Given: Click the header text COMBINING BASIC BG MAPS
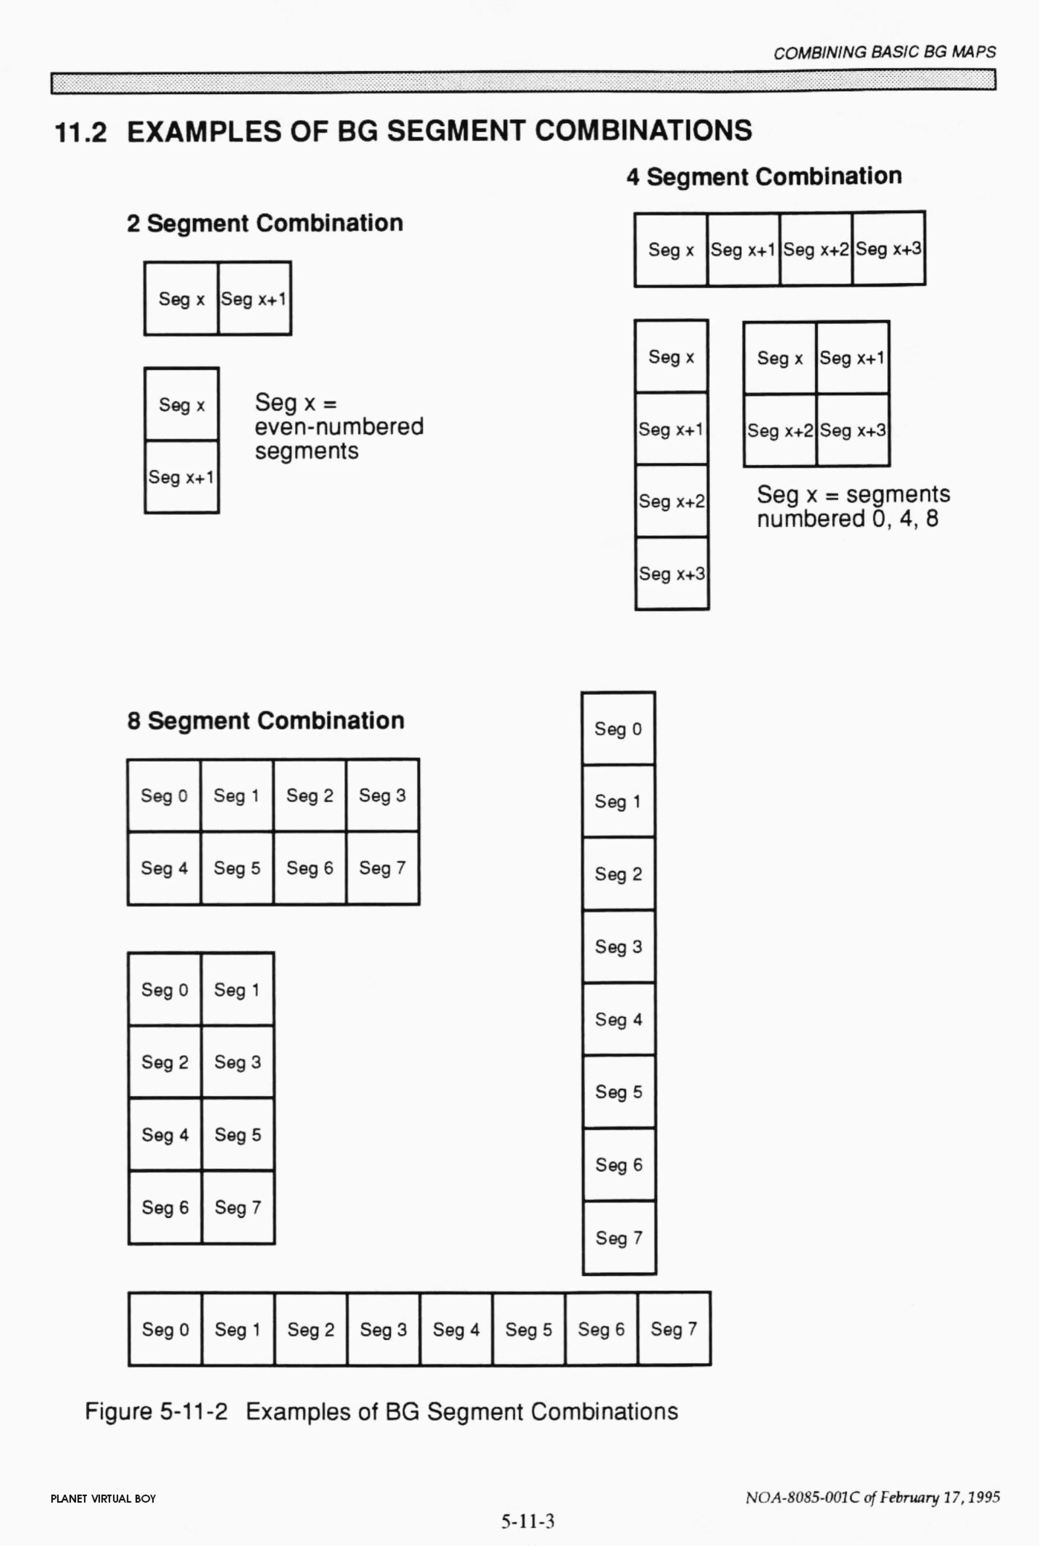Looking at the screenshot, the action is pos(884,52).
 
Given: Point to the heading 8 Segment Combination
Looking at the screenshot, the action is pos(265,721).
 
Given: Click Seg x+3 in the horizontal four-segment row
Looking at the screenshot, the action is pos(888,249).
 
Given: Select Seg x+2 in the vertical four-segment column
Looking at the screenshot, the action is pos(671,502).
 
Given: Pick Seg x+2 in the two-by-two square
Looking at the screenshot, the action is pos(779,431).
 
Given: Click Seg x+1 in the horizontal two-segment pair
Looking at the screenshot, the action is pos(254,299).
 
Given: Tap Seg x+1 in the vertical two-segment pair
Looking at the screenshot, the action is pos(181,477).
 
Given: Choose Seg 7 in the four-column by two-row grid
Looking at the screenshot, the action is pos(382,868).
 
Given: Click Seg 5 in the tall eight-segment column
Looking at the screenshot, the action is pos(618,1092).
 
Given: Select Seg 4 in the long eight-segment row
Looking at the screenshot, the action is pos(456,1330).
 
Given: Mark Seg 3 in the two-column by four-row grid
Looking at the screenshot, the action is pos(237,1062).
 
